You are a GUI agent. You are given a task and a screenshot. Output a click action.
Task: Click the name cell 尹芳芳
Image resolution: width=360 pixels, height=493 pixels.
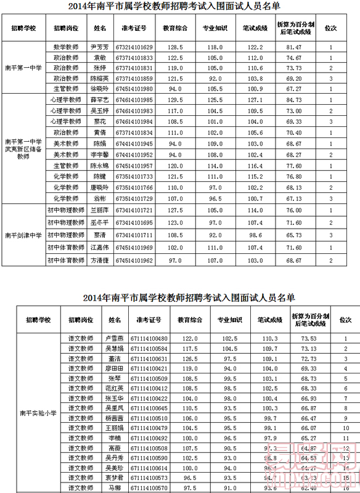(99, 47)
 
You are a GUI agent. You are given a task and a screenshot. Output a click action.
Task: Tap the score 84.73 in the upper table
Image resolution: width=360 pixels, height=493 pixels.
(293, 99)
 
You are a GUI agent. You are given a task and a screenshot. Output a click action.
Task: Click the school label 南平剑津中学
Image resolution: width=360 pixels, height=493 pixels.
(23, 235)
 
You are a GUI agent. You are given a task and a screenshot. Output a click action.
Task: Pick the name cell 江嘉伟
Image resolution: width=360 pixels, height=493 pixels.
(99, 248)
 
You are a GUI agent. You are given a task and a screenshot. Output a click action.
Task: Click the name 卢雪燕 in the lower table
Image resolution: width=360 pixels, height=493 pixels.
(115, 339)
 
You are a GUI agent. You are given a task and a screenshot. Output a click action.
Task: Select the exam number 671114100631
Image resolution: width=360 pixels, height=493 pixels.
(150, 359)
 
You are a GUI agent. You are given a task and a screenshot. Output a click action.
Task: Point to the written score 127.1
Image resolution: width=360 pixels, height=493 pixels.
(255, 99)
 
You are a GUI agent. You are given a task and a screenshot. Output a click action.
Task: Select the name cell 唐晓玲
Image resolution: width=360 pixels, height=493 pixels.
(99, 187)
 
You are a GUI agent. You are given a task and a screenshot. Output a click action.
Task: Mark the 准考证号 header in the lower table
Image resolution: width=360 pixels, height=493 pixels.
(150, 320)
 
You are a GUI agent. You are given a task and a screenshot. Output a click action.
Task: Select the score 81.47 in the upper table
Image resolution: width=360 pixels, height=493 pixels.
(293, 47)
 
